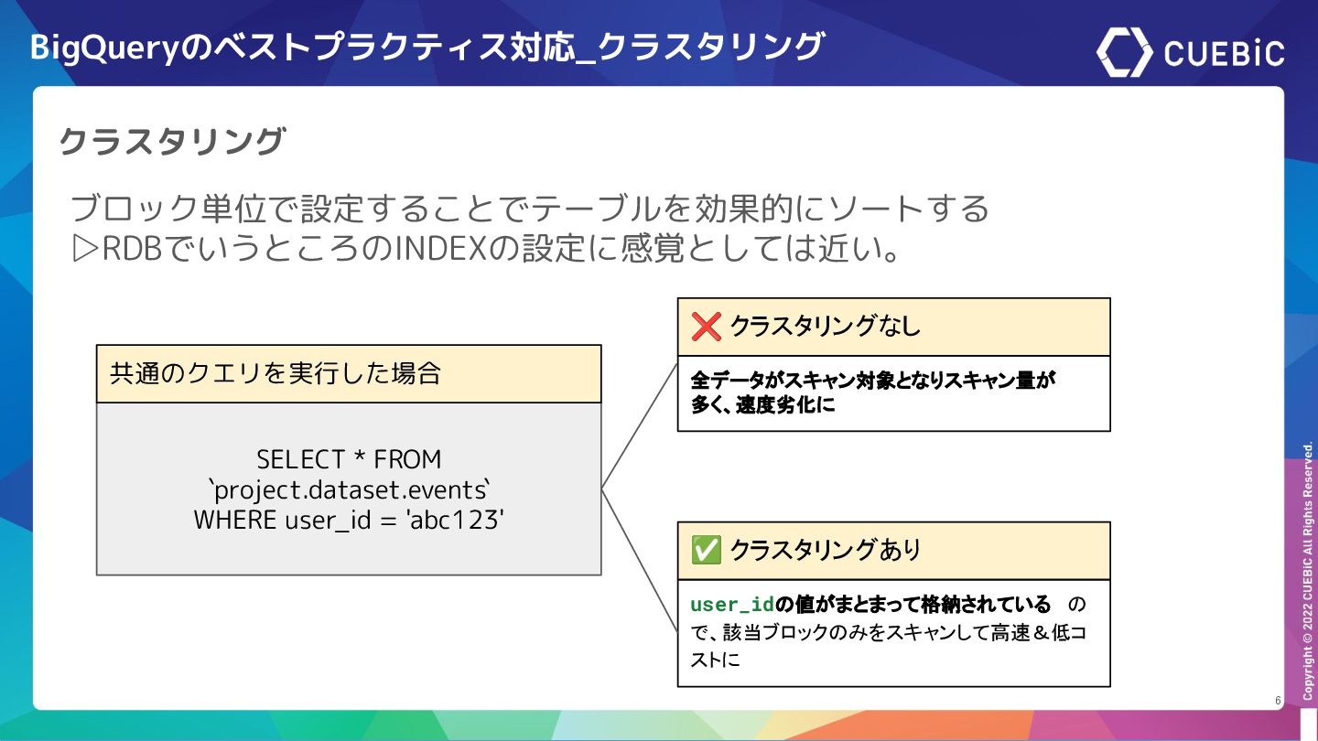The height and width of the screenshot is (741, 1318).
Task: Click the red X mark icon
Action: [x=706, y=327]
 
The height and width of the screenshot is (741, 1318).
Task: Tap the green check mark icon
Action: [x=706, y=551]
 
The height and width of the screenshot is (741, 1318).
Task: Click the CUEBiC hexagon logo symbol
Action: [x=1124, y=52]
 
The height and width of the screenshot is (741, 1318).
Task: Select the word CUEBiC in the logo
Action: [x=1225, y=53]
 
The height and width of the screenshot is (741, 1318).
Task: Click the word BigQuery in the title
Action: [x=104, y=48]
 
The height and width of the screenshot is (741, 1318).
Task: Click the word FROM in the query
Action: [x=407, y=458]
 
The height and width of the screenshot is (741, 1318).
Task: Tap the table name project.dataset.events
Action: [x=349, y=489]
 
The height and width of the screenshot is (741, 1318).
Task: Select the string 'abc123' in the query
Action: [x=456, y=519]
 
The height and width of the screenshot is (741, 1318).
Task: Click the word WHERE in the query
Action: [x=235, y=519]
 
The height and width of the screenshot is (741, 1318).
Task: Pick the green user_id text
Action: [x=732, y=605]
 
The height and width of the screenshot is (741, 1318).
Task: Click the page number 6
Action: [x=1278, y=701]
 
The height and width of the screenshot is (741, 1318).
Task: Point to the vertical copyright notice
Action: [x=1308, y=572]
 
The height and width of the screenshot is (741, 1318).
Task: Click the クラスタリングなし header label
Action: [x=825, y=327]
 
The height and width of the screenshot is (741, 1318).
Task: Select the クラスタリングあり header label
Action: [x=825, y=551]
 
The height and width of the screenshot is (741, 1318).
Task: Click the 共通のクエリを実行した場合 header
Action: [x=275, y=374]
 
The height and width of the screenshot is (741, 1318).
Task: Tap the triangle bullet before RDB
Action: [x=84, y=249]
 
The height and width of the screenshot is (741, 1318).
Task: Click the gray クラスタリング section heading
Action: [x=172, y=142]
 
